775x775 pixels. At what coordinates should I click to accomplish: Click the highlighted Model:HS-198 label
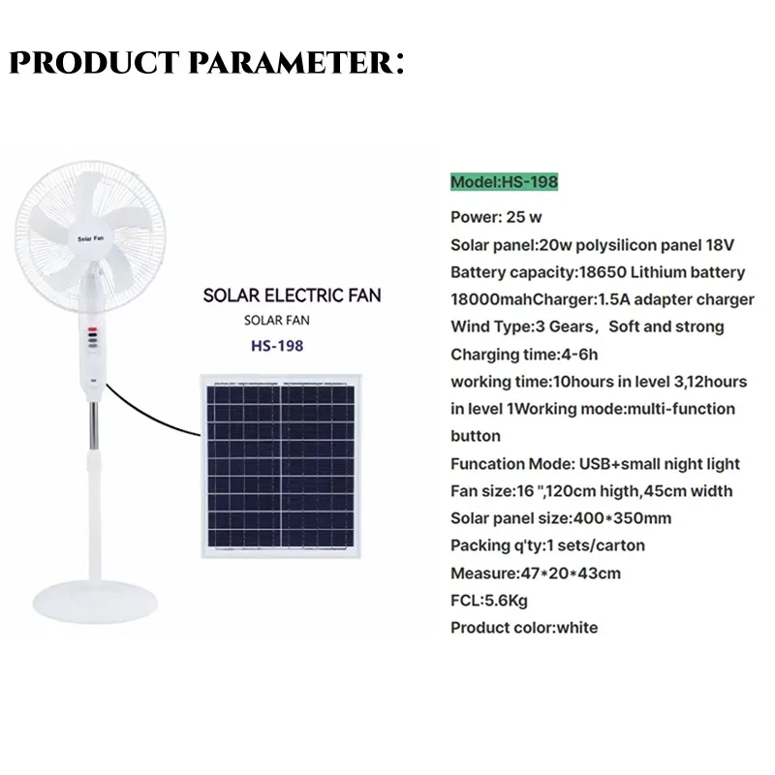(x=504, y=182)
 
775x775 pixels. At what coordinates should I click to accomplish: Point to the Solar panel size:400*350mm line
(x=561, y=518)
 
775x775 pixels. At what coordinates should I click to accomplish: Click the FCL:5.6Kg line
(x=489, y=600)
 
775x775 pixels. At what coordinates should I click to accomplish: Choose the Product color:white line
(x=524, y=627)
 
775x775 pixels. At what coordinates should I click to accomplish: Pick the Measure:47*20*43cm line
(x=536, y=573)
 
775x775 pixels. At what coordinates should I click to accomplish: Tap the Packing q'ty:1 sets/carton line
(x=547, y=545)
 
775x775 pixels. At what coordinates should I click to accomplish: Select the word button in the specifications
(x=475, y=436)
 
